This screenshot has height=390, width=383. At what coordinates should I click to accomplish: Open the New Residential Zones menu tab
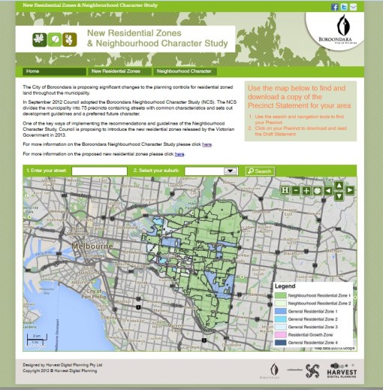point(116,71)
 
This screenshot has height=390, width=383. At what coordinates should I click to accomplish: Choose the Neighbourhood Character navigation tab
point(184,71)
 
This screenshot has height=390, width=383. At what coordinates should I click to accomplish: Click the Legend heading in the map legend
point(285,286)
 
